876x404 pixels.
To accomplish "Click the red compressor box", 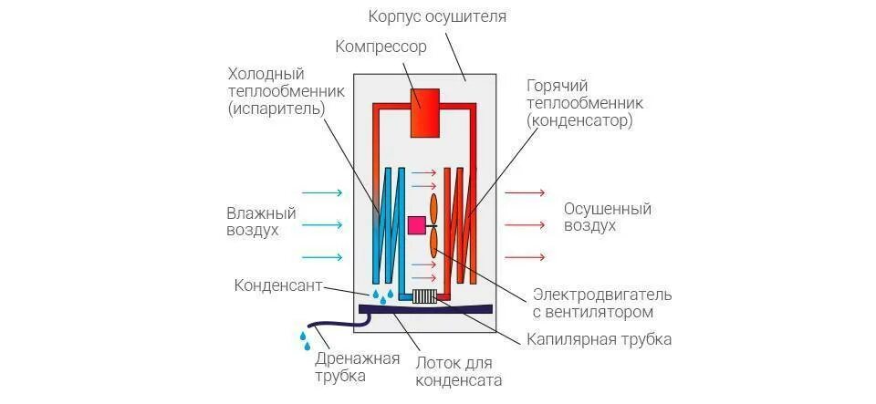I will tap(425, 112).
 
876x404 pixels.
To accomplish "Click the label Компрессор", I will tap(381, 47).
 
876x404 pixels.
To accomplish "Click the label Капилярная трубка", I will tap(599, 339).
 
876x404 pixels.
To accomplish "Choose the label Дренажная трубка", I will tap(358, 366).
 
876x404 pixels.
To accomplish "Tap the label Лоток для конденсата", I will tap(460, 371).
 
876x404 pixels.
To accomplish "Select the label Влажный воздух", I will tap(261, 222).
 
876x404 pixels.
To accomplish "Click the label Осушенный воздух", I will tap(607, 217).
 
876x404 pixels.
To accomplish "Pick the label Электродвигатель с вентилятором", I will tap(602, 303).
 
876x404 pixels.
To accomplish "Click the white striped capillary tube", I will tap(424, 296).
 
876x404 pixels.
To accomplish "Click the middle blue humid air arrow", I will tap(321, 224).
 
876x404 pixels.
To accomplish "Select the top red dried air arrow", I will tap(525, 193).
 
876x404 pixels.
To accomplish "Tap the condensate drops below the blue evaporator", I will tap(381, 295).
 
